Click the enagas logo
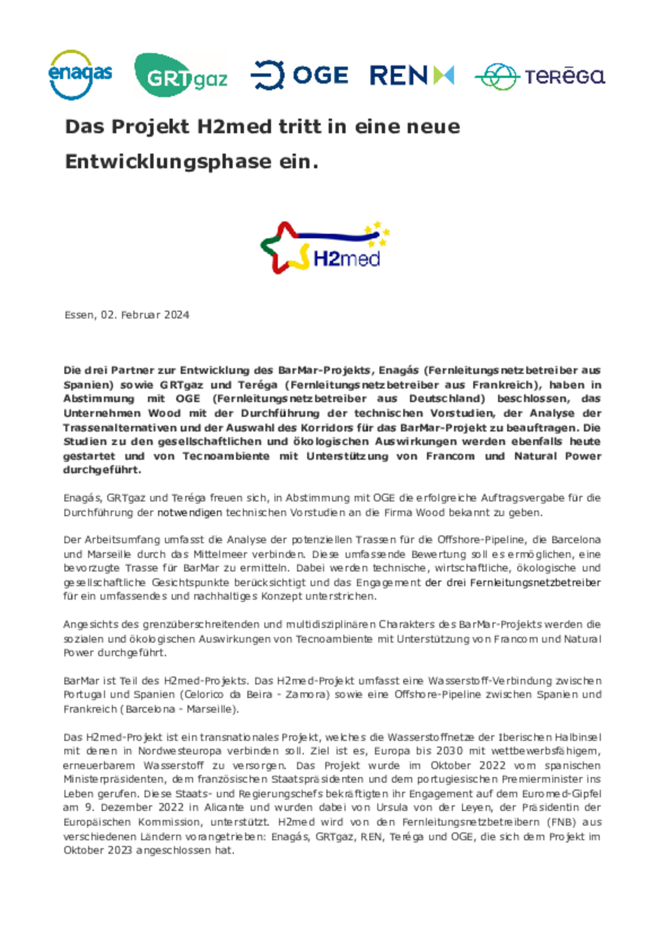pos(80,75)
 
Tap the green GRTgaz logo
pos(181,75)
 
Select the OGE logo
pos(300,75)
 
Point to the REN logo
pos(412,75)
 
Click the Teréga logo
pos(539,76)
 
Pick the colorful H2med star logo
pos(325,248)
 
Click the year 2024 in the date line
pos(176,315)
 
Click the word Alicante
pos(224,807)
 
